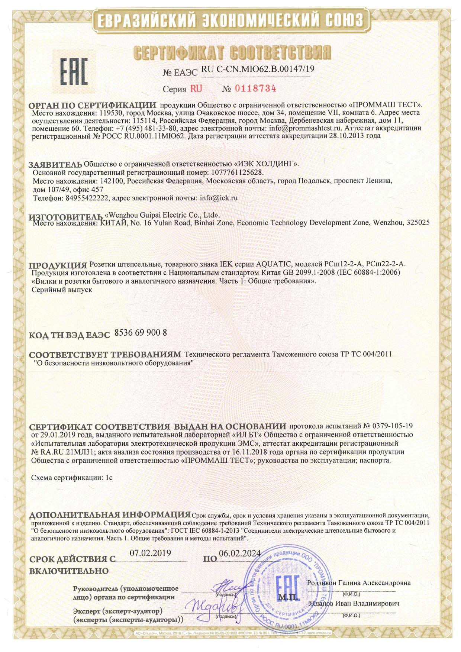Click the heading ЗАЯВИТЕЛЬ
(x=55, y=164)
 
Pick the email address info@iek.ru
(x=219, y=198)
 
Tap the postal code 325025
(x=418, y=223)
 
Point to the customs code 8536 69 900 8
(x=141, y=333)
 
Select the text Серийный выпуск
(x=62, y=289)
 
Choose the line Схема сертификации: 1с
(x=72, y=478)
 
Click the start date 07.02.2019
(x=150, y=553)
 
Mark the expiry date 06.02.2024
(x=240, y=553)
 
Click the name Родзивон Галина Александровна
(x=359, y=583)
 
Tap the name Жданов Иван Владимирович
(x=354, y=603)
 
